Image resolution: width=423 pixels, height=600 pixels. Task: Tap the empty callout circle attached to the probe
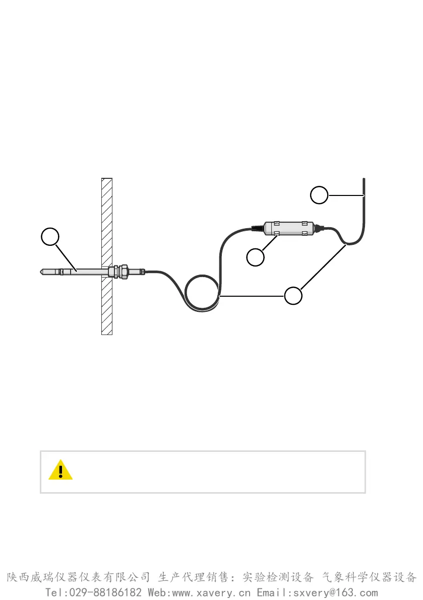[x=50, y=236]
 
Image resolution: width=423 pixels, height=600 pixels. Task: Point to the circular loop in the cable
[x=203, y=294]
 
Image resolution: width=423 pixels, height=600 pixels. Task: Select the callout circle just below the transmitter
[x=256, y=257]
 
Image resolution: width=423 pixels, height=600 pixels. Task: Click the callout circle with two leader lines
[x=293, y=295]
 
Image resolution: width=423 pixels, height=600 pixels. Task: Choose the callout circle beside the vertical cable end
[x=319, y=195]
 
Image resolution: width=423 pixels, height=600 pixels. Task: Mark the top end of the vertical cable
[x=364, y=180]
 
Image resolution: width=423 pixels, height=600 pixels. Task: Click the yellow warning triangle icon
[x=61, y=470]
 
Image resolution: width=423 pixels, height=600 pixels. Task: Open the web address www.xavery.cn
[x=212, y=592]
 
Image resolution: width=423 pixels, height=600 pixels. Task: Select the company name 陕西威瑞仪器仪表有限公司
[x=78, y=577]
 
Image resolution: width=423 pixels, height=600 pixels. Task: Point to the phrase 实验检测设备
[x=278, y=577]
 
